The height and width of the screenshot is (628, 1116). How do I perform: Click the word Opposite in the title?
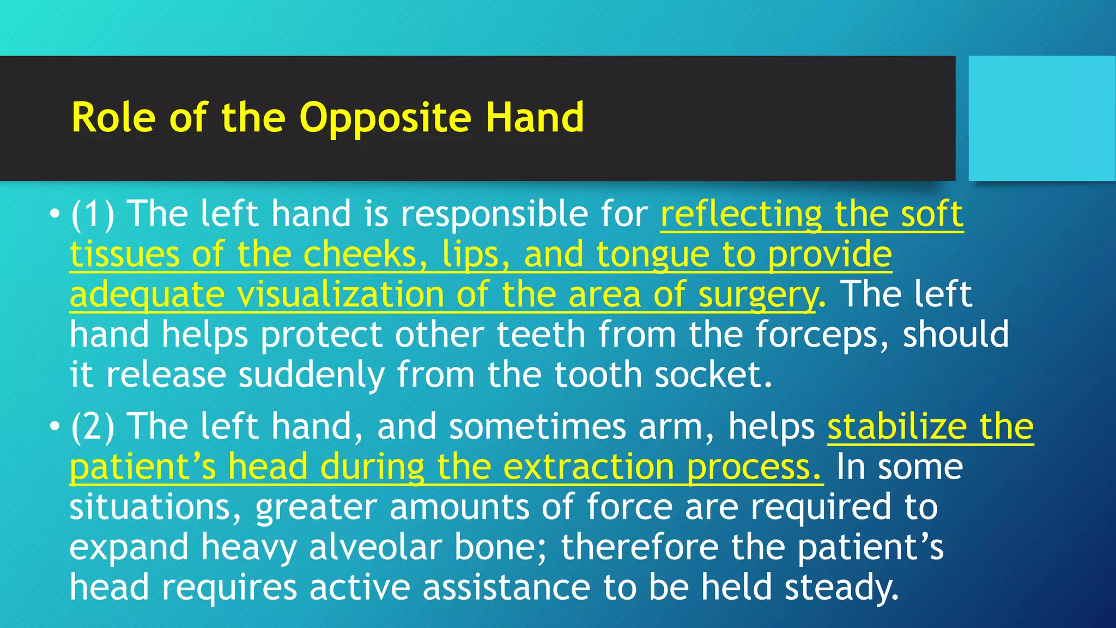385,118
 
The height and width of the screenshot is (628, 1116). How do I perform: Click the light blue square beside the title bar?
1041,118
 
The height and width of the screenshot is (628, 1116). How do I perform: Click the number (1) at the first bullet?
92,214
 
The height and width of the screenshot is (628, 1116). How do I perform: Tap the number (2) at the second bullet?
92,426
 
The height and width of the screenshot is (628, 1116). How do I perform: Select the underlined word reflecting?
741,214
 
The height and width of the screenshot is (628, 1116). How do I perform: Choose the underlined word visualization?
341,294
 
